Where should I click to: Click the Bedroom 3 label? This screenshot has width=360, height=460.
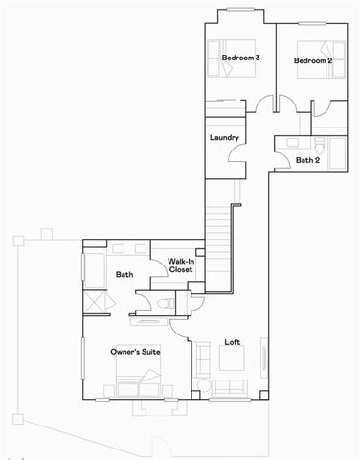241,58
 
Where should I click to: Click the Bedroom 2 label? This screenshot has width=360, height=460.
312,61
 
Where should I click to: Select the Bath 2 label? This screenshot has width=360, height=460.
308,160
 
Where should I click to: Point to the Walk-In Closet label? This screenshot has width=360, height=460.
181,265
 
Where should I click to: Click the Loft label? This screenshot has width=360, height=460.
232,342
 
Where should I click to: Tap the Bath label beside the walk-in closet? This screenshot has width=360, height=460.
124,275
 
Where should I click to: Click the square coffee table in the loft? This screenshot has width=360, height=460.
232,359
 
